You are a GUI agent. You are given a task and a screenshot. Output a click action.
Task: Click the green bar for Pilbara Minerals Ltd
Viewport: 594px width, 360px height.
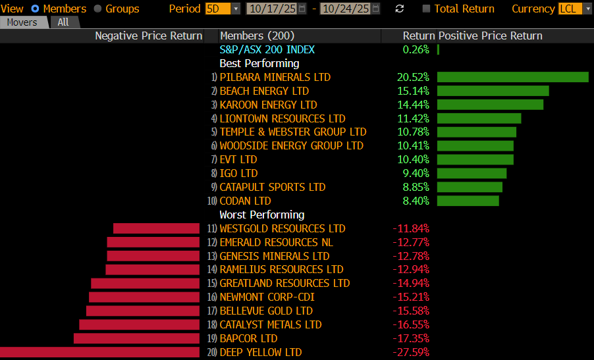pyautogui.click(x=512, y=77)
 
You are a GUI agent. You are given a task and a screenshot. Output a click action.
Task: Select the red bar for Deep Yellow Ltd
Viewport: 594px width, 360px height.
pyautogui.click(x=99, y=352)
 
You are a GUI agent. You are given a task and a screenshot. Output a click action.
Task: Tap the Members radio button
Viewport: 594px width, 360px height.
pyautogui.click(x=36, y=9)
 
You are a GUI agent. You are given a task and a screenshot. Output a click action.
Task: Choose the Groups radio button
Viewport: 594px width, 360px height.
pyautogui.click(x=98, y=9)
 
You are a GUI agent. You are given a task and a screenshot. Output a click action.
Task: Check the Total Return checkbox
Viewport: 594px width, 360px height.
pyautogui.click(x=427, y=9)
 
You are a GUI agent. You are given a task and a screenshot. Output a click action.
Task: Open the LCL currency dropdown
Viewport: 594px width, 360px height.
pyautogui.click(x=570, y=9)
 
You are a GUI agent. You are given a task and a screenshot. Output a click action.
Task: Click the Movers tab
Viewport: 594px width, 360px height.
pyautogui.click(x=22, y=22)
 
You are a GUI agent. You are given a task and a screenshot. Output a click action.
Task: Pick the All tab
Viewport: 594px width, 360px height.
pyautogui.click(x=63, y=22)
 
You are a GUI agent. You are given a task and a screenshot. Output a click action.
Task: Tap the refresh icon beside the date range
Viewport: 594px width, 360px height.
pyautogui.click(x=400, y=9)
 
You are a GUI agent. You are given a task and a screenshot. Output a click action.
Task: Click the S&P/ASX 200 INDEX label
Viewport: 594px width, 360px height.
pyautogui.click(x=267, y=49)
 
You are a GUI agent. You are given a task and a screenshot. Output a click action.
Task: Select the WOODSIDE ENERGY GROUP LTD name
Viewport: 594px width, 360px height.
pyautogui.click(x=291, y=145)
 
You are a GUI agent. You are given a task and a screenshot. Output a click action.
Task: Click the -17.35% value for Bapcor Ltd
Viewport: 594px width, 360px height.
pyautogui.click(x=411, y=338)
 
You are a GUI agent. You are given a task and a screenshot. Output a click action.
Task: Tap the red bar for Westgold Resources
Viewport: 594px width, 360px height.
pyautogui.click(x=156, y=228)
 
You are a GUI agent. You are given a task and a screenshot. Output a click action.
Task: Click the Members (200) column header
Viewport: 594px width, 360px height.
pyautogui.click(x=257, y=36)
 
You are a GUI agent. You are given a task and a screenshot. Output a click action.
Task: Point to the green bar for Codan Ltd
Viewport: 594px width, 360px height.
pyautogui.click(x=468, y=201)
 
